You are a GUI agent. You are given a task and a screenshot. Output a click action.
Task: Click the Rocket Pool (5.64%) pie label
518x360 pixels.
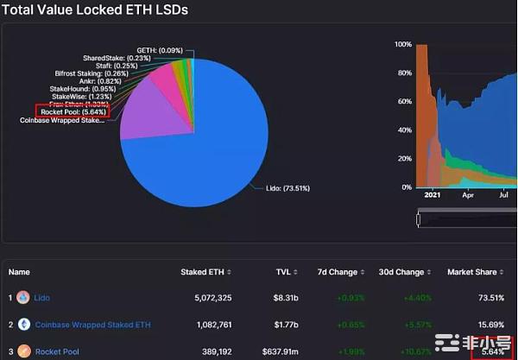coord(72,111)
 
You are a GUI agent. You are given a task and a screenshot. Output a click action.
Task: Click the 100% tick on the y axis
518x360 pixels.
coord(402,44)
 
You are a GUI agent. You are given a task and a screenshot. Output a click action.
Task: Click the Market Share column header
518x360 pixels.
coord(471,272)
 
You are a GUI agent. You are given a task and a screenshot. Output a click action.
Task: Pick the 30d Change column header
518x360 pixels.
coord(401,272)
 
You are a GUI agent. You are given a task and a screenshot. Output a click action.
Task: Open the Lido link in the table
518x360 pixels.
coord(41,298)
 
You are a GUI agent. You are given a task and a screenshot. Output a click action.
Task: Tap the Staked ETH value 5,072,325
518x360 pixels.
coord(206,298)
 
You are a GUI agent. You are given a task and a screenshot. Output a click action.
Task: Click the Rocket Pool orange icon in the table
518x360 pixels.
coord(23,351)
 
